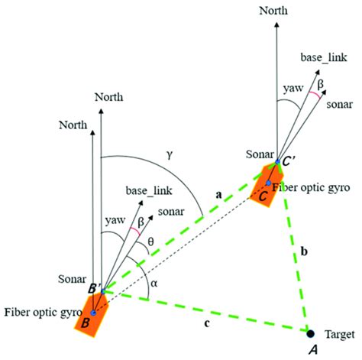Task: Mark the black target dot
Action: [309, 334]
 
